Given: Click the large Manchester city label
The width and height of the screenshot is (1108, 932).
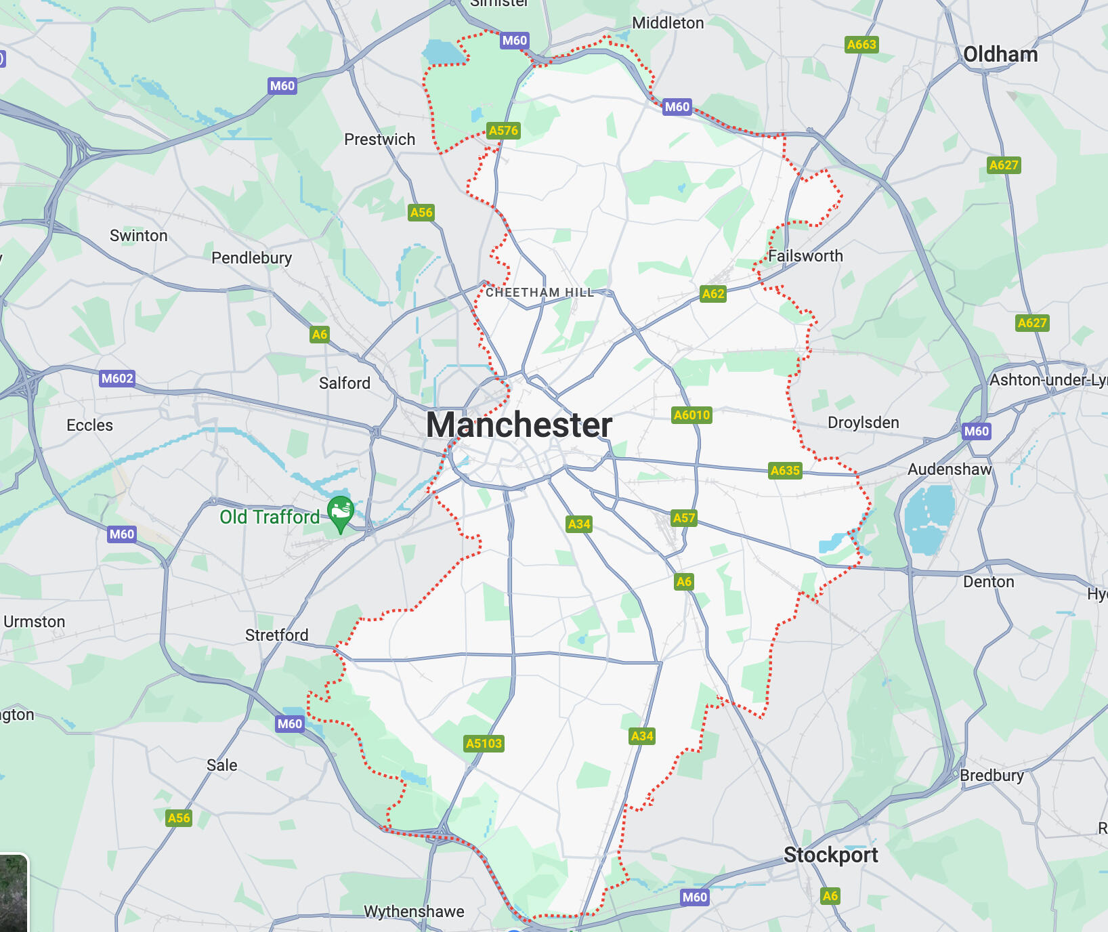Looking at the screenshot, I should click(519, 425).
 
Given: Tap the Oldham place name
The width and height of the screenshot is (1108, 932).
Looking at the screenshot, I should click(1000, 55).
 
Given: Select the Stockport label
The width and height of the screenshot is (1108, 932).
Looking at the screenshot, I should click(830, 855).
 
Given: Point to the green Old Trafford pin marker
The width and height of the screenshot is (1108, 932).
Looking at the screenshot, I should click(341, 513).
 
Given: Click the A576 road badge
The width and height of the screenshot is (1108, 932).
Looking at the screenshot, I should click(503, 131).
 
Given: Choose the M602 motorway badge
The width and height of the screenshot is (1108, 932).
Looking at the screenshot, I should click(117, 379).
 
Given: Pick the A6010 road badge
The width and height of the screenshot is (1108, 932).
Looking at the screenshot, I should click(691, 415).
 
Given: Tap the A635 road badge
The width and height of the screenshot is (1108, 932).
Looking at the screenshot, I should click(785, 471).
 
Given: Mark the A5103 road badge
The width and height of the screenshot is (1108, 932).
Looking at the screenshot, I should click(484, 744).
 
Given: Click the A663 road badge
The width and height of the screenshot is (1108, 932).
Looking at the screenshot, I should click(861, 45).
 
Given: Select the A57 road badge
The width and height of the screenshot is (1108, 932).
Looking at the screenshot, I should click(684, 518).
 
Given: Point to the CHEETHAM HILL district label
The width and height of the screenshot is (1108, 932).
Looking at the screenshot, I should click(540, 293).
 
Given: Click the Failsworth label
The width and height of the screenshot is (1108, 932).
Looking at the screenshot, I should click(805, 256).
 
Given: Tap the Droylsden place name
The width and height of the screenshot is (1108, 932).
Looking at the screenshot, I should click(863, 423).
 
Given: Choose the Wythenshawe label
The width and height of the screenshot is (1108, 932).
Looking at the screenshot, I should click(414, 912).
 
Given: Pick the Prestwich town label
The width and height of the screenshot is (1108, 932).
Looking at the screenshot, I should click(379, 140).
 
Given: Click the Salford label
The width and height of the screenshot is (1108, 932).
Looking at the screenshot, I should click(345, 383).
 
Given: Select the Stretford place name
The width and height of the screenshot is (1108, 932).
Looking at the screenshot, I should click(276, 635).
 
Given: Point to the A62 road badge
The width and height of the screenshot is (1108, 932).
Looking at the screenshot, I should click(713, 294).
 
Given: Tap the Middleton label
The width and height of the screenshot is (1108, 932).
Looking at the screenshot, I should click(668, 23).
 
